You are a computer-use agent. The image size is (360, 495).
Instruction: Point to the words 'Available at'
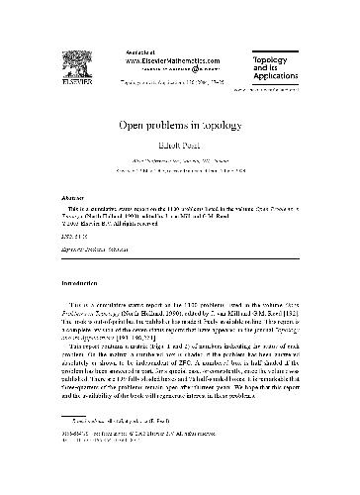141,49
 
